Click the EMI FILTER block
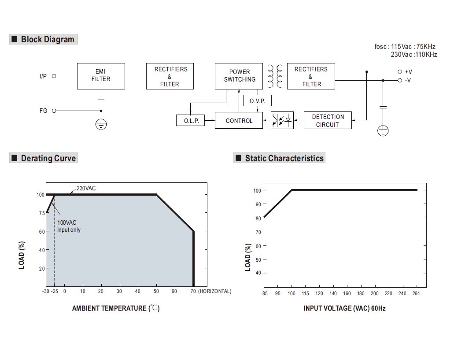coord(101,75)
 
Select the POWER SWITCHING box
coord(239,75)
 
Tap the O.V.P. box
coord(257,101)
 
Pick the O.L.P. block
coord(191,121)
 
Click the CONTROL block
coord(239,121)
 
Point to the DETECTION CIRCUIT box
coord(328,120)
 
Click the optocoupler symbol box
coord(282,120)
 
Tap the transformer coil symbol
coord(274,75)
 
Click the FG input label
coord(43,111)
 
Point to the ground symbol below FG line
coord(101,125)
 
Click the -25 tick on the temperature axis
coord(55,291)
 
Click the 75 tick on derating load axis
coord(42,213)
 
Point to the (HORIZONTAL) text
coord(214,291)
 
